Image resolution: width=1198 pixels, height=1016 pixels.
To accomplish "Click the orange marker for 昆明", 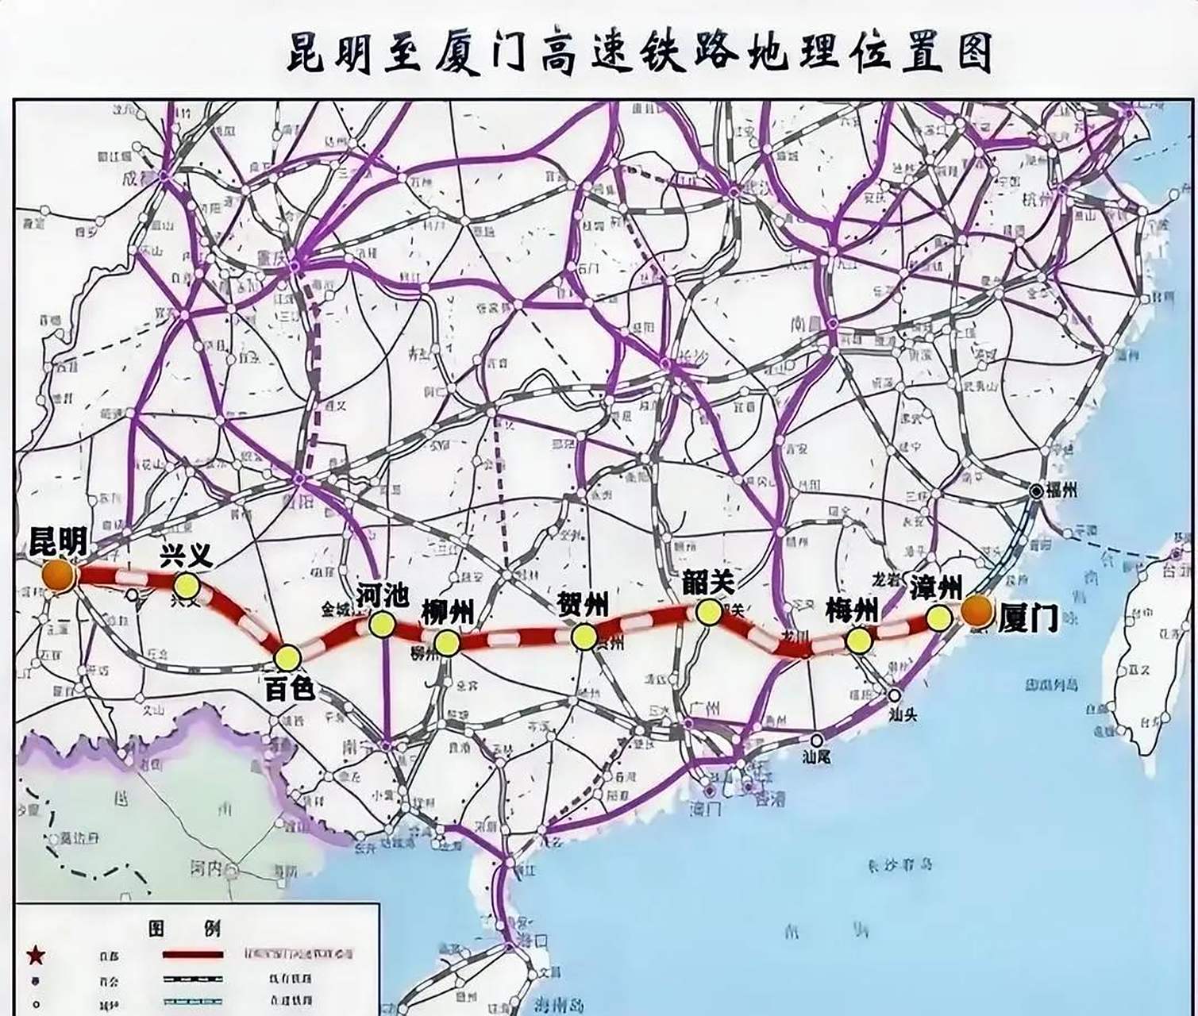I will pos(57,575).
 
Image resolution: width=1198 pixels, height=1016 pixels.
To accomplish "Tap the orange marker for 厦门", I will pos(977,611).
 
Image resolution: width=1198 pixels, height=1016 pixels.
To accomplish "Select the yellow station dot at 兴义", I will pos(187,586).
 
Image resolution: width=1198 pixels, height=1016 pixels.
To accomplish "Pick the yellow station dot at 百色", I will pos(287,657).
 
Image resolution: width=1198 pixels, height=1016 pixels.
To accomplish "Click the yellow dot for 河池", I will pos(382,625).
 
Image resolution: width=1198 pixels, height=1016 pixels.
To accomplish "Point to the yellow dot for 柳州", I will pos(447,643).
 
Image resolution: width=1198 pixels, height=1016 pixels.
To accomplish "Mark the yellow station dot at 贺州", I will pos(584,636).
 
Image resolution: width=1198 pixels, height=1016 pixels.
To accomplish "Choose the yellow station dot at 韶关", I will pos(708,610).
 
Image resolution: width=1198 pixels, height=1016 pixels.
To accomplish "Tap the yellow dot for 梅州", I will pos(857,641).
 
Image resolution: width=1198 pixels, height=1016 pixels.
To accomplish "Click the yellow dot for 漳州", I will pos(939,618).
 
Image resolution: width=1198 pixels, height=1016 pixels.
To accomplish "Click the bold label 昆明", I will pos(57,541).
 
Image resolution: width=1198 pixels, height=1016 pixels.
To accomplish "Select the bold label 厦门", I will pos(1028,617).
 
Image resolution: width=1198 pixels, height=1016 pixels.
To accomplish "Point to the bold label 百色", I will pos(289,689).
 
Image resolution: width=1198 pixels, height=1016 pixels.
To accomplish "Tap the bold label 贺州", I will pos(584,605).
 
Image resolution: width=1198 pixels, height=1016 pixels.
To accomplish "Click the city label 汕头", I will pos(903,714).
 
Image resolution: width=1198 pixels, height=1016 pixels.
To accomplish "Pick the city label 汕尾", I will pos(817,757).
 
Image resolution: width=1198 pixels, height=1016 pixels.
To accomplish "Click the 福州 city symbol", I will pos(1037,491).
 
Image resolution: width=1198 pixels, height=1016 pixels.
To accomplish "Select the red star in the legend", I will pos(34,955).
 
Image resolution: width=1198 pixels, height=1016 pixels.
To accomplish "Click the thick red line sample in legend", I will pos(193,955).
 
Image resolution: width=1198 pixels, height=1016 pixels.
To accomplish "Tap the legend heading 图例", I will pos(184,927).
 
